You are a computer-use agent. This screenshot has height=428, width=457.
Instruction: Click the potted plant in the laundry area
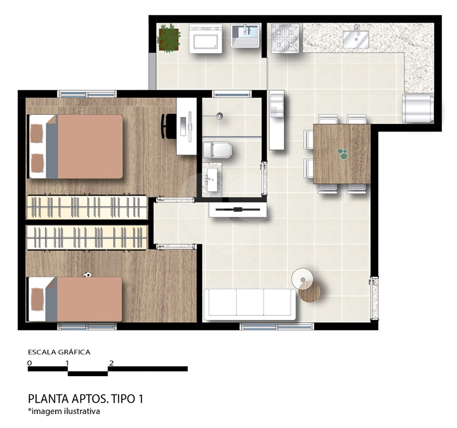coord(168,38)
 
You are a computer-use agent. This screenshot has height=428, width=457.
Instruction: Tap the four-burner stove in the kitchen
coord(285,38)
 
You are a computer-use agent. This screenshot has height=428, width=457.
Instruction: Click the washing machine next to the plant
coord(206,39)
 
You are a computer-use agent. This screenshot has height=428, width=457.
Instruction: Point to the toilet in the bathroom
coord(217,150)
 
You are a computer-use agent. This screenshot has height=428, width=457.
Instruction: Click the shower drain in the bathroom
coord(220,116)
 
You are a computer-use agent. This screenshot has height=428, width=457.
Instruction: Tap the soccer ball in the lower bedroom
coord(87,275)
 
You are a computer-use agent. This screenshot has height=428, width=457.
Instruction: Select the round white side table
coord(303,279)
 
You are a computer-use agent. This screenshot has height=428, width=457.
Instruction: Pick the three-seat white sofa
coord(250,304)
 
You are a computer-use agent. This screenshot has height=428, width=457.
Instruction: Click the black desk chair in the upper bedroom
coord(167,126)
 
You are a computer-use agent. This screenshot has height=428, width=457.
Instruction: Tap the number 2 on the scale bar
coord(111,363)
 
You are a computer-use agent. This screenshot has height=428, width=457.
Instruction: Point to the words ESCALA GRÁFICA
coord(59,352)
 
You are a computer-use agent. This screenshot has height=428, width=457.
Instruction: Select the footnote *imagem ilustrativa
coord(64,411)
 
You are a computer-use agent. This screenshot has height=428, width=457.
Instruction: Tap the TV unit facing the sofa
coord(238,210)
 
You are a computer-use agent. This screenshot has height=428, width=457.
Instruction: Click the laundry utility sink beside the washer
coord(245,36)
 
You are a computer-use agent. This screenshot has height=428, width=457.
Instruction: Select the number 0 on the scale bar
coord(30,363)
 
